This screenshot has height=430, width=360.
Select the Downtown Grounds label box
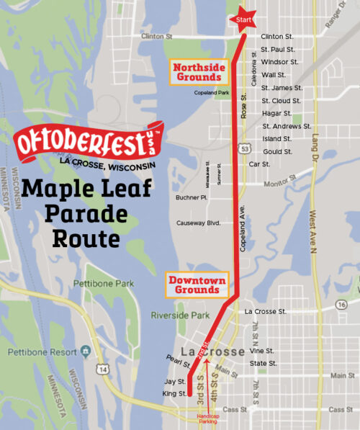pos(197,286)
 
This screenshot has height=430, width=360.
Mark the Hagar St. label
pos(276,113)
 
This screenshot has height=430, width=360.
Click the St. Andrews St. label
pos(282,126)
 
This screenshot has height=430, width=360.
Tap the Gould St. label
pos(276,152)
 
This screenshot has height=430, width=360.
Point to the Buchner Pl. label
pos(192,197)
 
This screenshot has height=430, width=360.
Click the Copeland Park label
pos(210,93)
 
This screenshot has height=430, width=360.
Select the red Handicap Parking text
pos(210,420)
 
